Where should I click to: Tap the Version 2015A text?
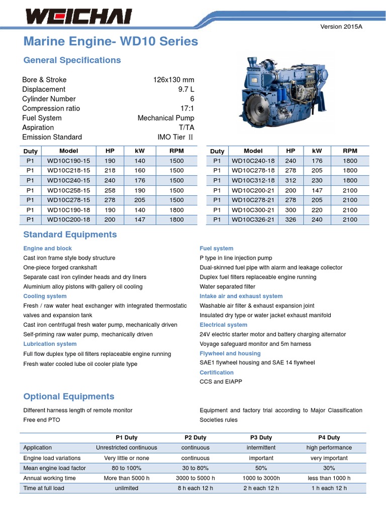click(341, 27)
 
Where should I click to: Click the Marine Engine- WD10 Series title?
click(111, 41)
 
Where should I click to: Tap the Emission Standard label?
click(52, 137)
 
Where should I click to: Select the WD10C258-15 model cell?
click(69, 190)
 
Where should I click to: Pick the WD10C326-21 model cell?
click(253, 219)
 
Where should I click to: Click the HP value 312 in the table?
click(291, 180)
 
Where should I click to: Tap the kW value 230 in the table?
click(317, 180)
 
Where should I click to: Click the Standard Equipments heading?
click(70, 235)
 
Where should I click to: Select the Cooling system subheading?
click(45, 296)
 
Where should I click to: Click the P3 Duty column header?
click(261, 438)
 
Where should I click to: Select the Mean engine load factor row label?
click(54, 468)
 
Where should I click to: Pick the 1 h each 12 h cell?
click(329, 488)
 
